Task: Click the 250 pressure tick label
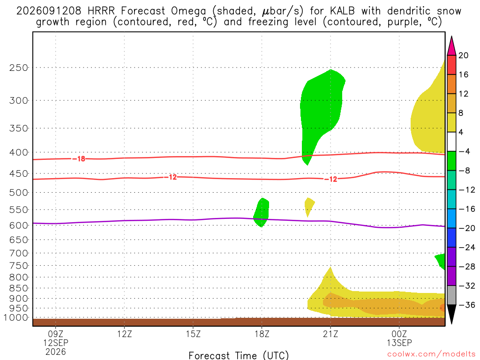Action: coord(18,67)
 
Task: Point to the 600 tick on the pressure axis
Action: coord(18,225)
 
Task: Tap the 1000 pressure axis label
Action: coord(15,318)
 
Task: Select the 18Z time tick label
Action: coord(262,334)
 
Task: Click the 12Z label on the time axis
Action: coord(124,334)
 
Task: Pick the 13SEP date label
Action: coord(399,343)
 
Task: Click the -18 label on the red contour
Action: coord(79,158)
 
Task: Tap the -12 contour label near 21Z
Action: coord(331,179)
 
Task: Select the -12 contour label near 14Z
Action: coord(171,177)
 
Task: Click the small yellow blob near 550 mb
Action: coord(309,205)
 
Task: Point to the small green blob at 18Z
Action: coord(262,212)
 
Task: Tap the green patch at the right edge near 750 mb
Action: coord(441,261)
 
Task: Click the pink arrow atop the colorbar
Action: coord(451,46)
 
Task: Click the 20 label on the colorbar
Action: coord(464,55)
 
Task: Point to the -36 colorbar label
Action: coord(467,305)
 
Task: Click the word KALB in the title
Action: coord(342,11)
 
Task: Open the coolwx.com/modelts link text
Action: coord(431,354)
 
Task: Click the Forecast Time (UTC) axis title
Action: coord(239,355)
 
